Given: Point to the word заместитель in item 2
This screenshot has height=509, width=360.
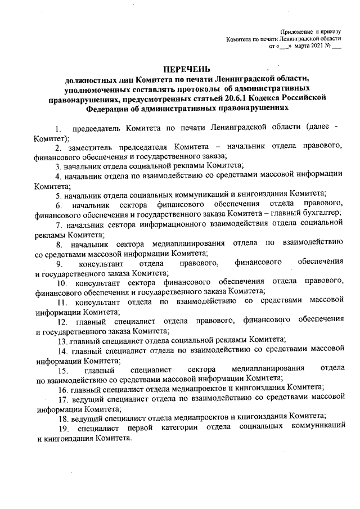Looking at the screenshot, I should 93,146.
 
